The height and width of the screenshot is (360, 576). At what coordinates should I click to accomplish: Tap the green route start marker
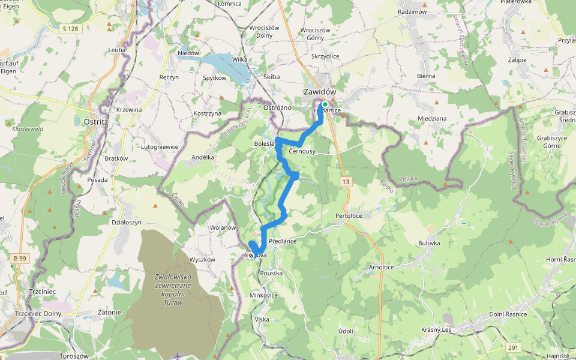click(x=325, y=104)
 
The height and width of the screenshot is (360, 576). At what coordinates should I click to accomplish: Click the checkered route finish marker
click(x=251, y=255)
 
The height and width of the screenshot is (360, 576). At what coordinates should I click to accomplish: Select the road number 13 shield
click(x=346, y=181)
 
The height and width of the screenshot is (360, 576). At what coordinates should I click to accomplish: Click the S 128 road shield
click(x=70, y=29)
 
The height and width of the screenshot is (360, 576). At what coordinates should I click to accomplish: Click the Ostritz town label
click(x=95, y=121)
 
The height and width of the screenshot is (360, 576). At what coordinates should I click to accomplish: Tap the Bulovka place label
click(x=430, y=243)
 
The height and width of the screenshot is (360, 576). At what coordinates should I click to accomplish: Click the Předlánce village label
click(x=283, y=241)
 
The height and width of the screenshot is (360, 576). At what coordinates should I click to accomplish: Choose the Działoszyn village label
click(x=126, y=222)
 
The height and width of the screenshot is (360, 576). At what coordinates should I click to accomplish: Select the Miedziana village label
click(x=432, y=118)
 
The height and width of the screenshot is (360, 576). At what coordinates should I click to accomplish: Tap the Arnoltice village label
click(x=381, y=267)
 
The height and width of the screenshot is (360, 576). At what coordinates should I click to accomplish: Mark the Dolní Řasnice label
click(x=508, y=314)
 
